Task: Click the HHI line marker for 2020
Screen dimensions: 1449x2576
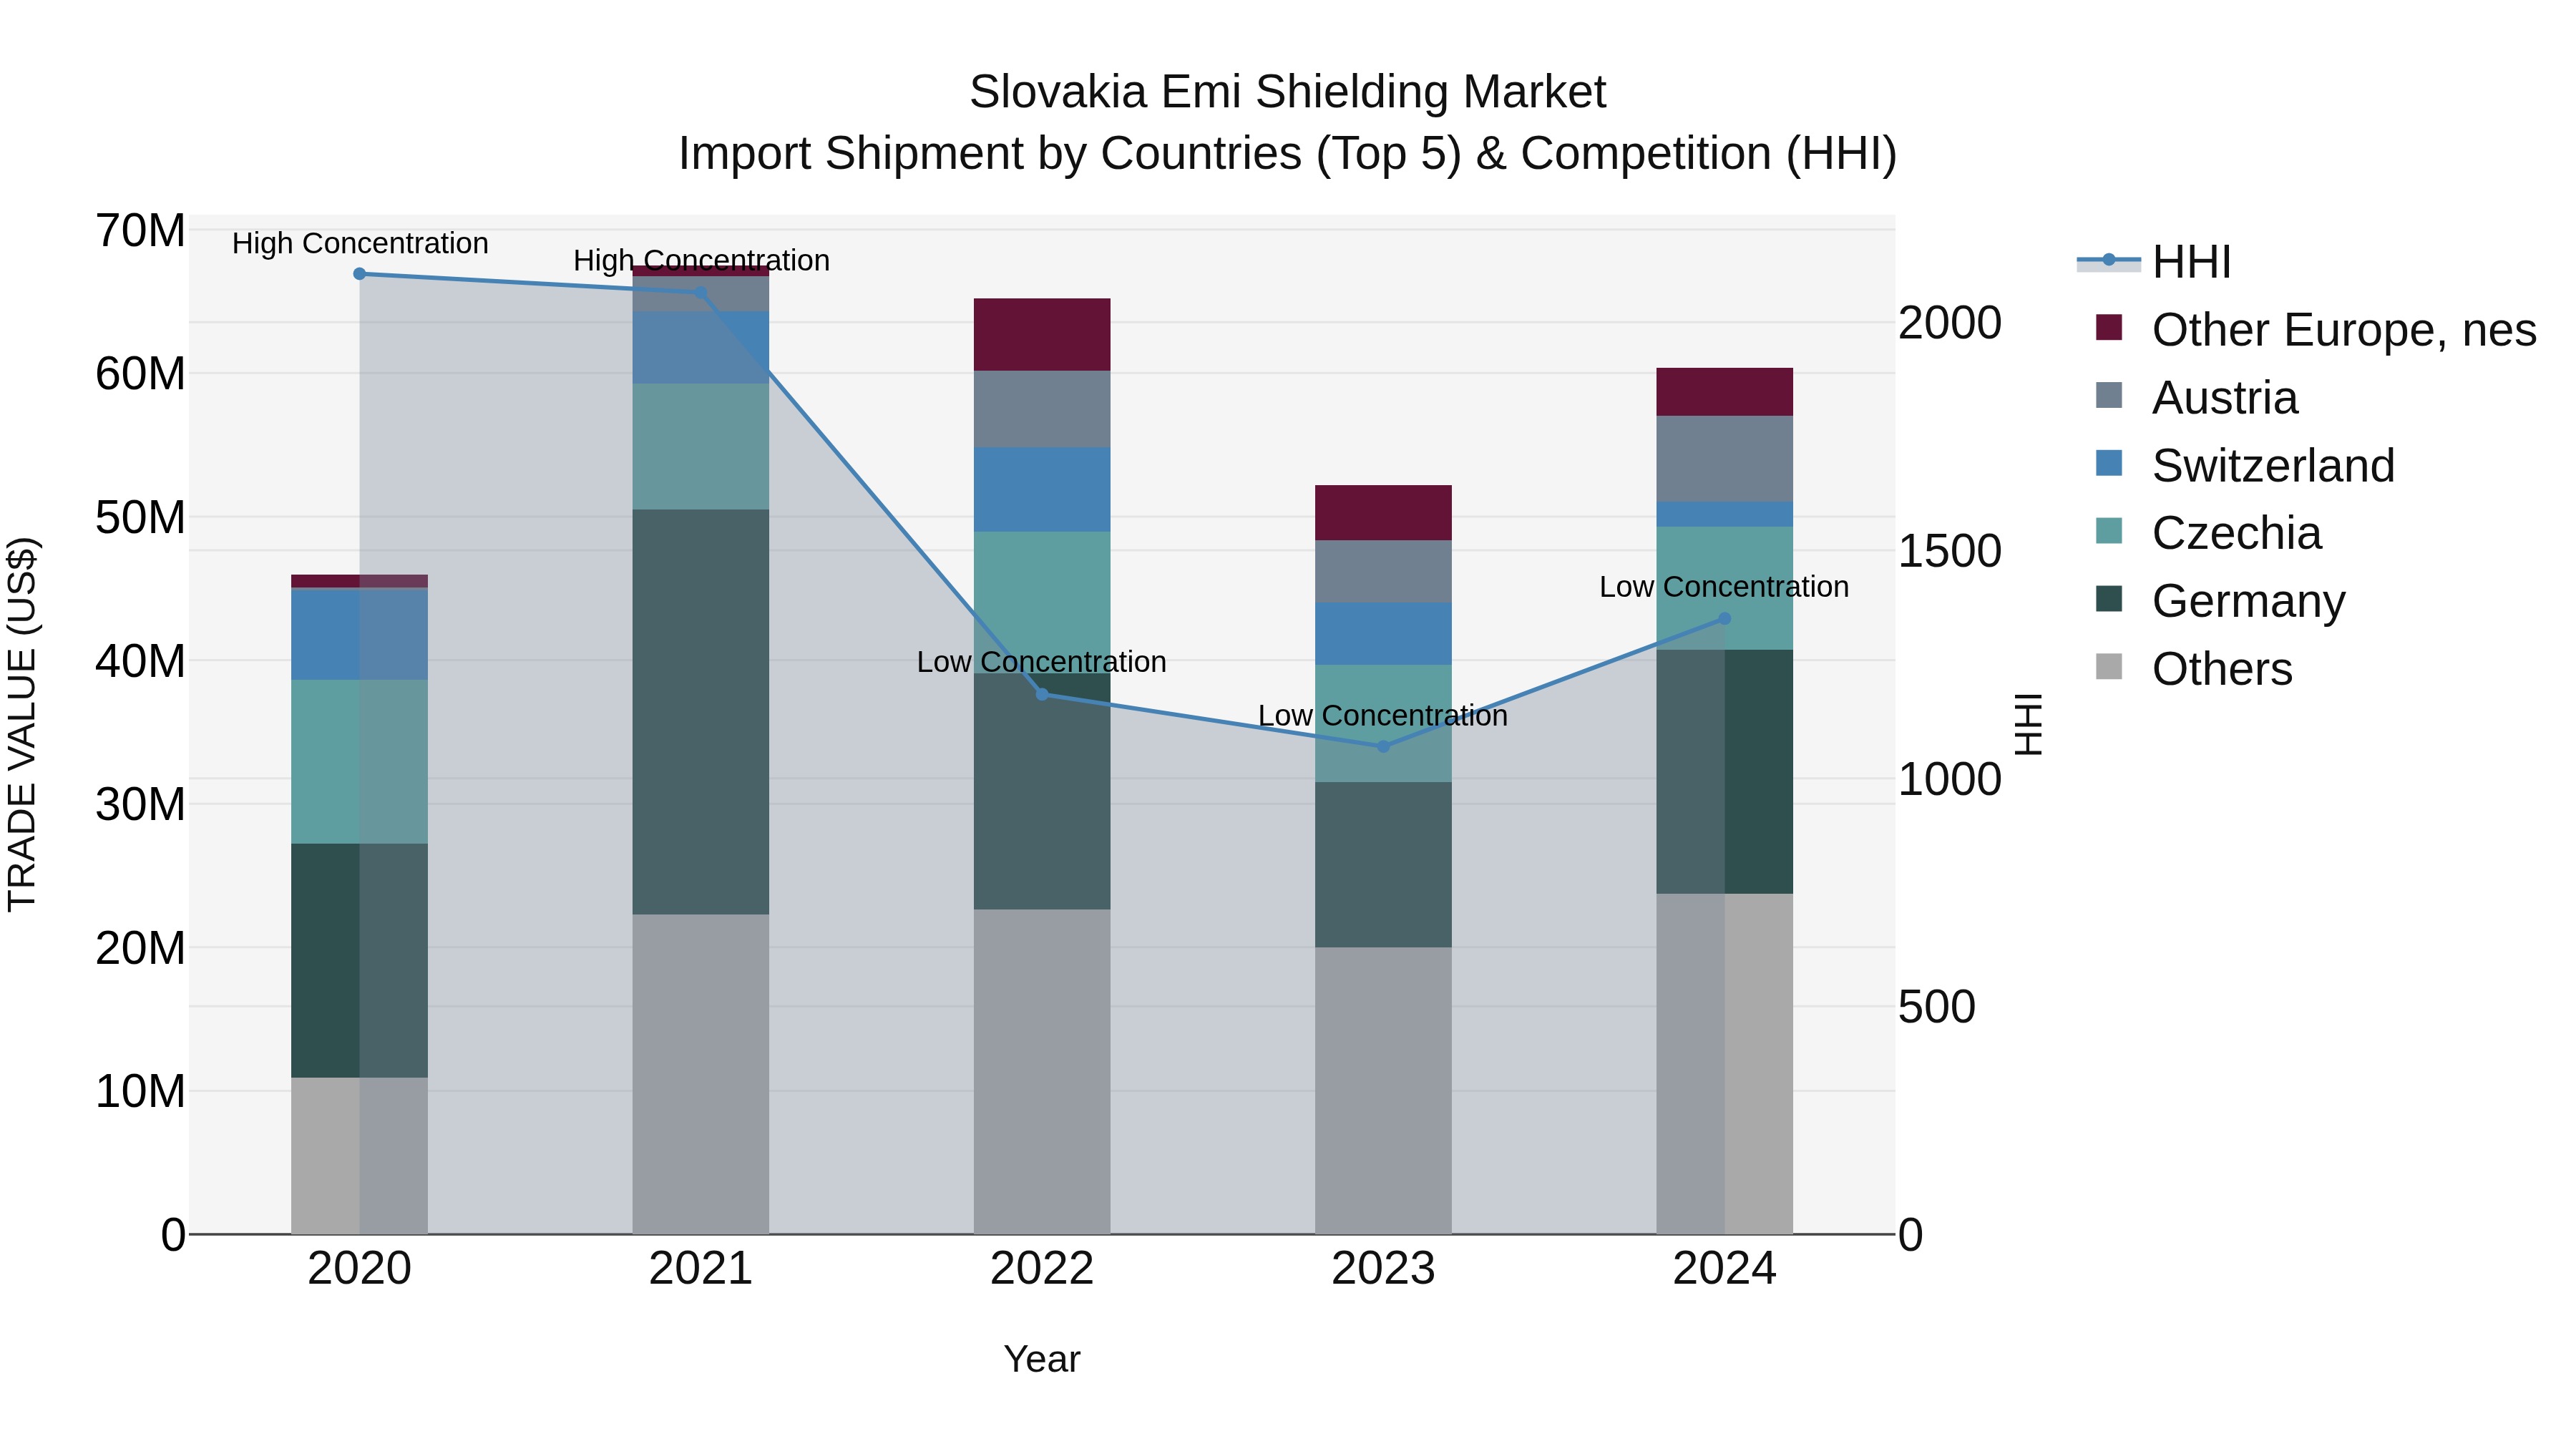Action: pos(359,274)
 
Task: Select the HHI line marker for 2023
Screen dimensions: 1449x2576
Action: pos(1383,747)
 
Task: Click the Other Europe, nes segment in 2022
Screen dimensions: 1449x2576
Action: pos(1042,335)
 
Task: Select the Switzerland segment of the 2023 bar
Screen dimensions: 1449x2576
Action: pos(1383,634)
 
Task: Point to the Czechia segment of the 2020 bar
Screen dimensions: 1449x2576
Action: pos(359,762)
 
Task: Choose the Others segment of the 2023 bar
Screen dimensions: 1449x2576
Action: pos(1383,1090)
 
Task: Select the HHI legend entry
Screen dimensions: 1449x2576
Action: pos(2190,262)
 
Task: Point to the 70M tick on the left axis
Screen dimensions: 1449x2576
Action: pos(140,231)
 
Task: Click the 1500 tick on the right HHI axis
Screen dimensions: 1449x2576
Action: pos(1949,551)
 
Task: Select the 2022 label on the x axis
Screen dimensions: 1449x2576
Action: pos(1042,1269)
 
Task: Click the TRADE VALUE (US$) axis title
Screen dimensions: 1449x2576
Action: pos(23,724)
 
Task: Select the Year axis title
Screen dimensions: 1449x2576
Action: pos(1042,1359)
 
